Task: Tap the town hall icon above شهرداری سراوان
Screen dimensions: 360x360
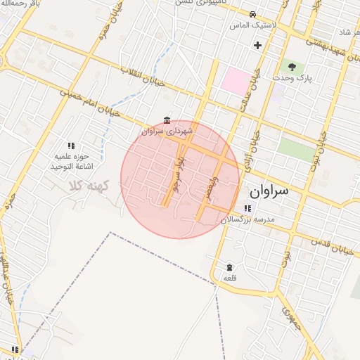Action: (167, 120)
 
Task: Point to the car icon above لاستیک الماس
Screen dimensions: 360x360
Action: (252, 14)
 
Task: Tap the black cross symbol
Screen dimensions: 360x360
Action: (257, 46)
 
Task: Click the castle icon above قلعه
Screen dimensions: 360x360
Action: (230, 267)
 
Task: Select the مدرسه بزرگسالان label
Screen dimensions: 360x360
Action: (246, 219)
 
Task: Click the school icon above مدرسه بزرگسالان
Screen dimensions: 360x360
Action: (247, 208)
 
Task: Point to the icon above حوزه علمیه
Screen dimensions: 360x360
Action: (70, 146)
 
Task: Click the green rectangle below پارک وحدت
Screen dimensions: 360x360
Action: (295, 148)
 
